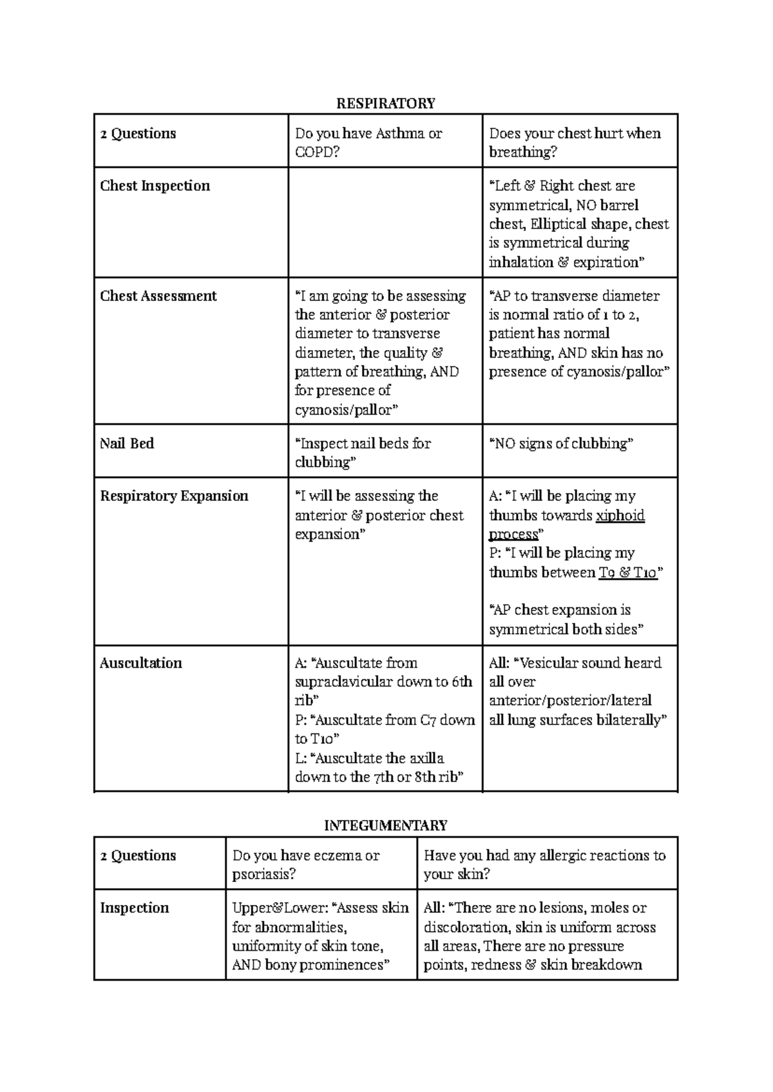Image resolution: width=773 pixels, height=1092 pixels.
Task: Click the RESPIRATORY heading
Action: [386, 103]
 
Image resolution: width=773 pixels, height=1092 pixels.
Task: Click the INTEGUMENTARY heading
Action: [385, 826]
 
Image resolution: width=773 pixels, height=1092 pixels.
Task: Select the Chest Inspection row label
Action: [155, 186]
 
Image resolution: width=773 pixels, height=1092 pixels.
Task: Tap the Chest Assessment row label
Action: [158, 296]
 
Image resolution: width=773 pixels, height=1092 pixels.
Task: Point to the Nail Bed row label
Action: [127, 444]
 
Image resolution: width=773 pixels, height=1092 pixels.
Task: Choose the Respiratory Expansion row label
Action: [174, 496]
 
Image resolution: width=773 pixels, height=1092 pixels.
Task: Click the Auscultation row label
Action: [141, 663]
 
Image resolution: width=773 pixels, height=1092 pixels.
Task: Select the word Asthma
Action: [400, 133]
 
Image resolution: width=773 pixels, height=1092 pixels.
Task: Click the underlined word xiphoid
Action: [620, 515]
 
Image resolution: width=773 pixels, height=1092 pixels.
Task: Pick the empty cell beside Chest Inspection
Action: [385, 222]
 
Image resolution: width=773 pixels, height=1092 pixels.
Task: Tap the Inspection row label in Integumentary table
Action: [135, 908]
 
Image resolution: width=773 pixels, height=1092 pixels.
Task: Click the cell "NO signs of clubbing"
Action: [562, 444]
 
